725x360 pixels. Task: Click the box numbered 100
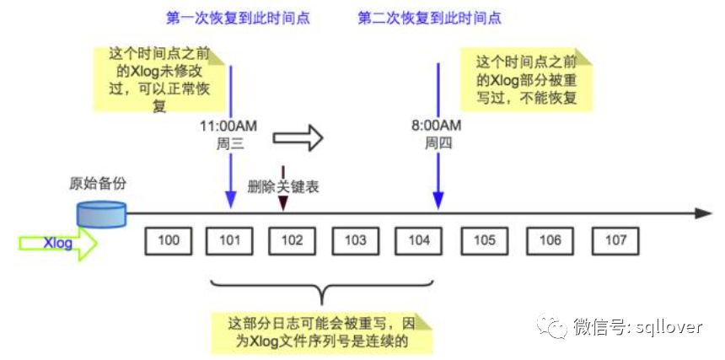169,241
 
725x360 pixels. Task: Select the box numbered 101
230,241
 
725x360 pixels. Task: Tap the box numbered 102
292,241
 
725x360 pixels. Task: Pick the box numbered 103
355,241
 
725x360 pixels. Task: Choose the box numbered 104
418,241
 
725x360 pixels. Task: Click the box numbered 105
484,241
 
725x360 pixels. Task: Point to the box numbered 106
550,241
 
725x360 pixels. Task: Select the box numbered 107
615,241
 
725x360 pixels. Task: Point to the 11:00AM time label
228,126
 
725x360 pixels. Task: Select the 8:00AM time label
437,126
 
